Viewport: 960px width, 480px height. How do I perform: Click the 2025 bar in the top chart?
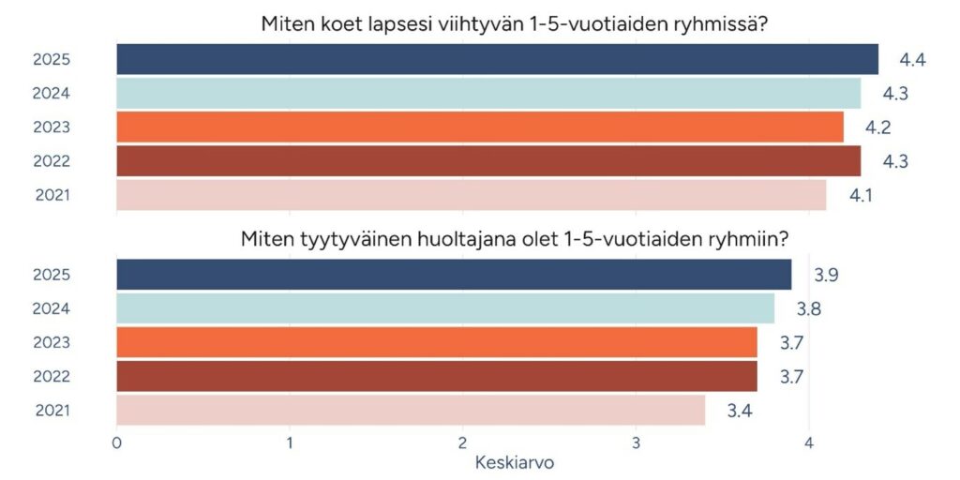pos(497,59)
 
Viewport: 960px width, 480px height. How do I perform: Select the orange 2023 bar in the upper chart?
pos(480,127)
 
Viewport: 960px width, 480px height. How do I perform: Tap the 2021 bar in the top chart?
pos(471,195)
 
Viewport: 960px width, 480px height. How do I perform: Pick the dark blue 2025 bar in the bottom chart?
pos(454,275)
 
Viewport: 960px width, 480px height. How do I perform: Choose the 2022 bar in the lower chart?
pos(437,376)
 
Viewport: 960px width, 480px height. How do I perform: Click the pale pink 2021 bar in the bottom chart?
pos(411,410)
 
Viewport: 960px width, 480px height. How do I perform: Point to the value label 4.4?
pos(912,60)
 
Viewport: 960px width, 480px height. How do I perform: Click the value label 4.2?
pos(877,127)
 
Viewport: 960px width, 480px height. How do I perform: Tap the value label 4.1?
pos(860,195)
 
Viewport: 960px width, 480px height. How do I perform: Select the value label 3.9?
pos(825,275)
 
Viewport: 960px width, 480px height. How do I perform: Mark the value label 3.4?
pos(739,410)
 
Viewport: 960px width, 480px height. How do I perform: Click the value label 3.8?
pos(808,308)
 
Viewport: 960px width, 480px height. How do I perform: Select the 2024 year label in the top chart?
pos(52,94)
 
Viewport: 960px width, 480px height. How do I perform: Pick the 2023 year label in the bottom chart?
pos(52,342)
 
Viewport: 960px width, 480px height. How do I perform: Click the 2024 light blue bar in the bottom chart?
pos(445,308)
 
